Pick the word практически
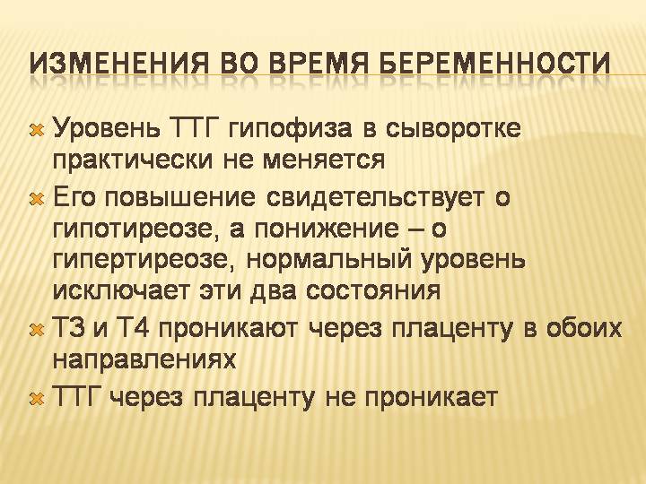(x=133, y=160)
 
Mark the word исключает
(x=122, y=292)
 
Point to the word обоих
(x=584, y=328)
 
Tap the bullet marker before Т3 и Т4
(x=37, y=330)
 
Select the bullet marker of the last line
(x=37, y=399)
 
